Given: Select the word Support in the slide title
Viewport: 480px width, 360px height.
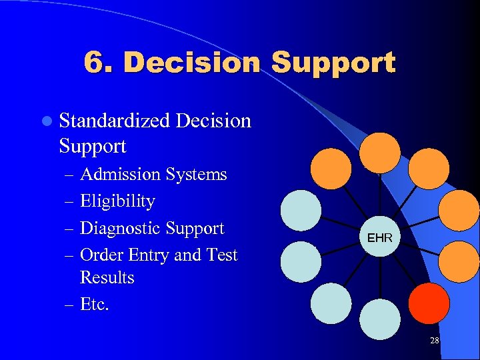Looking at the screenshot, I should (333, 63).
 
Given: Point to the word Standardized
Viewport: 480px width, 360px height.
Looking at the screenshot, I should (115, 121).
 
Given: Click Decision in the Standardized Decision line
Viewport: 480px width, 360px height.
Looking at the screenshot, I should (213, 121).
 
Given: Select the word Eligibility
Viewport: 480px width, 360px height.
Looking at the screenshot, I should (117, 201).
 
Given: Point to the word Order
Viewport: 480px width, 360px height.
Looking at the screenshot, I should (99, 255).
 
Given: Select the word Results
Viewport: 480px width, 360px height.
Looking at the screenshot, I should (107, 277).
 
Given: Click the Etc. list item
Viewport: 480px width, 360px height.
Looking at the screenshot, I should (94, 305).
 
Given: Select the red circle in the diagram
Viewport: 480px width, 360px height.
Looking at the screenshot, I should (429, 303).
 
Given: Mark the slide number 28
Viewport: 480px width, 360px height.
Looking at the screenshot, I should (434, 341).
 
